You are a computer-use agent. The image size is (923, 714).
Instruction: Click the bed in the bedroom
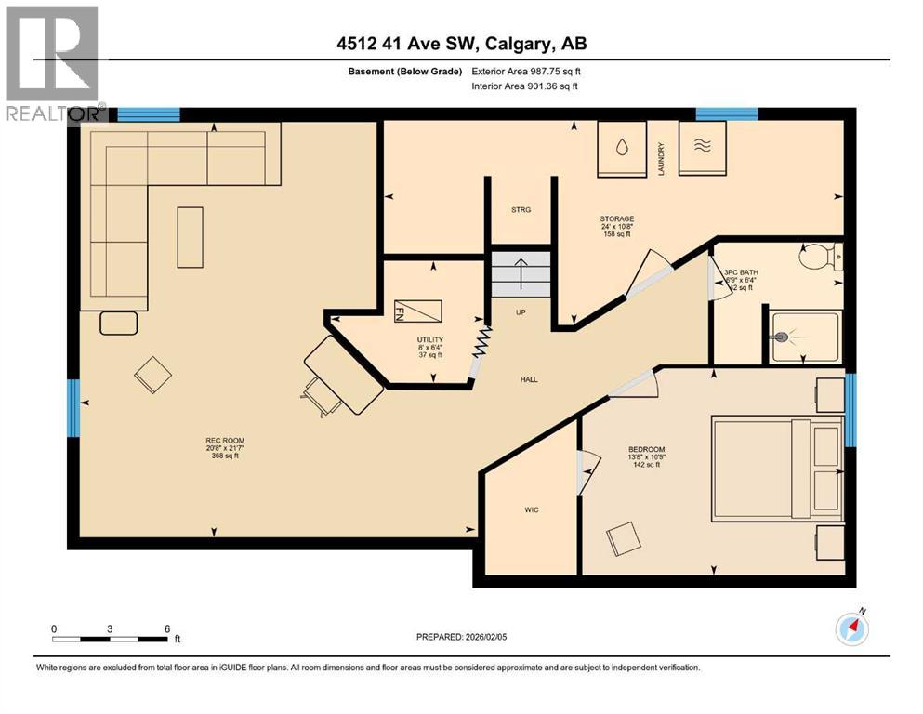tap(777, 469)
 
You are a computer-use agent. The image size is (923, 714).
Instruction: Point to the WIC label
tap(531, 509)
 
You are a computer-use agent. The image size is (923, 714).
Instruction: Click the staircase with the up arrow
tap(521, 273)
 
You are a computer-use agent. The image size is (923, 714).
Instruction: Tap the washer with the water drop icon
tap(620, 148)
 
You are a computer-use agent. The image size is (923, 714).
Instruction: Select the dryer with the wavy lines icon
tap(703, 148)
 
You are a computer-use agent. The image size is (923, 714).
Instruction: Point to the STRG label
tap(521, 210)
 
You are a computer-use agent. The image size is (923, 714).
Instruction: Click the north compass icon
tap(851, 629)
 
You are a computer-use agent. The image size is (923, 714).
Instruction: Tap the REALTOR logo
tap(52, 63)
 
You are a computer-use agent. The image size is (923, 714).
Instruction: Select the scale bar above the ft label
tap(111, 639)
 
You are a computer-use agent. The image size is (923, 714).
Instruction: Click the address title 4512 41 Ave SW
tap(461, 43)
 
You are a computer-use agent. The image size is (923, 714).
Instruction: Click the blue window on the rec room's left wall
tap(73, 407)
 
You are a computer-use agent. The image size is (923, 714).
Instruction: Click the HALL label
tap(529, 379)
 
